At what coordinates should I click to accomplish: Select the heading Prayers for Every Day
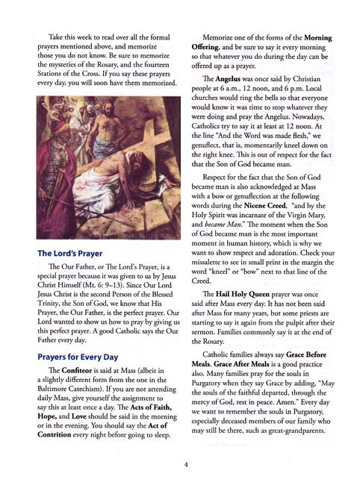point(87,357)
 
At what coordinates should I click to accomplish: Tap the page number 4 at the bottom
point(184,463)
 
